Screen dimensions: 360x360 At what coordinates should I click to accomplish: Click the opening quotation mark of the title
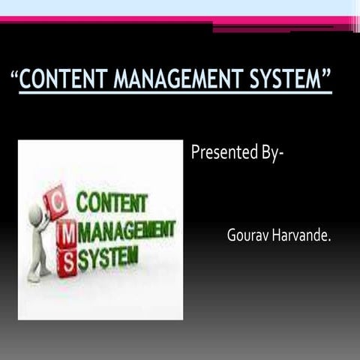click(15, 74)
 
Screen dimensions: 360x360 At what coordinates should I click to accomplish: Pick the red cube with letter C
click(56, 202)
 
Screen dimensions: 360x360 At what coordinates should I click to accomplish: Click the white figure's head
click(34, 215)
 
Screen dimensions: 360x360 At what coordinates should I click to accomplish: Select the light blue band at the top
click(180, 7)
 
